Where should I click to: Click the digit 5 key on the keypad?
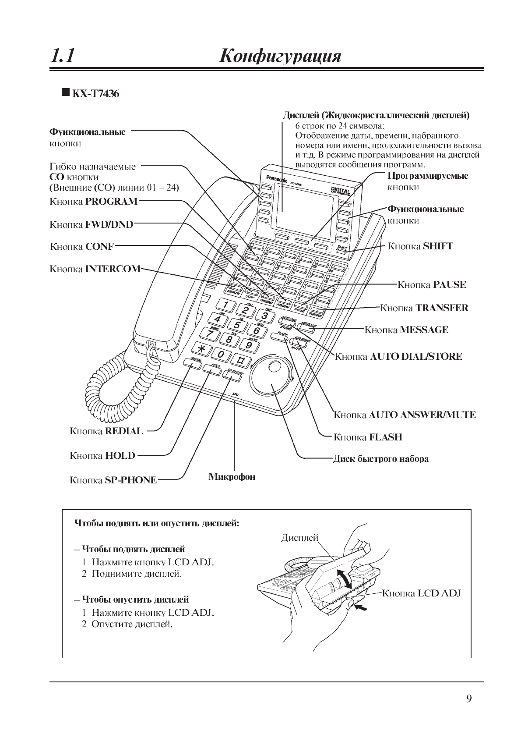[237, 325]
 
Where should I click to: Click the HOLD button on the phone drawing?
[213, 367]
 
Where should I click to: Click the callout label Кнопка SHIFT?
[420, 246]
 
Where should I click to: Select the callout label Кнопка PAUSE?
[431, 285]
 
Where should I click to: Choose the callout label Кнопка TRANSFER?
[424, 308]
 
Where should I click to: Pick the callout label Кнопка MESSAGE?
[406, 330]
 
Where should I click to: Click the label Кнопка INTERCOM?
[95, 269]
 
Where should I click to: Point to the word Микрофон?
[232, 476]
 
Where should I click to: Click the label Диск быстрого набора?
[380, 459]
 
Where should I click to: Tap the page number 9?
[469, 699]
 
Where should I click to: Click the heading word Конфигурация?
[280, 57]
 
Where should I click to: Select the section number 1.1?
[62, 56]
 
